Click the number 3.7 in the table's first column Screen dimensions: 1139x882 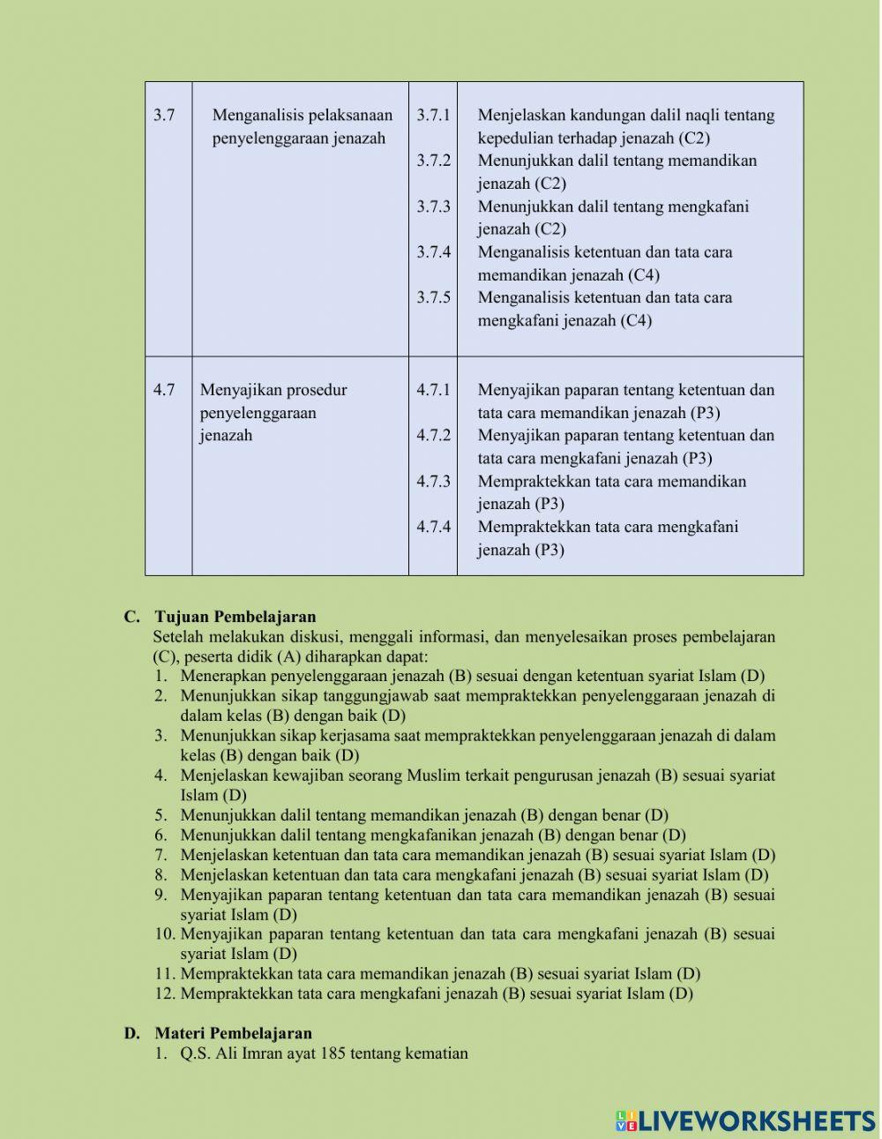point(164,115)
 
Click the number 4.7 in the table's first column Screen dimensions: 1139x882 point(164,390)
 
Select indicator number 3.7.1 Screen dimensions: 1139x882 point(433,115)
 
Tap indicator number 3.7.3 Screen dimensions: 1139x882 point(433,206)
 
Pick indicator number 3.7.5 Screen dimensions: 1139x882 point(433,297)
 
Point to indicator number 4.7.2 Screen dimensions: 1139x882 point(433,435)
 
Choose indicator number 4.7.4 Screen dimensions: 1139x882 point(433,527)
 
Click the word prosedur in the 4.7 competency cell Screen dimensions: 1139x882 point(317,390)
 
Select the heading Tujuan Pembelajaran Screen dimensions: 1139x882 point(235,617)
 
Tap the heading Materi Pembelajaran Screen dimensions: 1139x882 point(233,1033)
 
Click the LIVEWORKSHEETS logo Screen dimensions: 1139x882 point(745,1120)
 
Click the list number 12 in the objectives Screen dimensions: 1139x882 point(165,993)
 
